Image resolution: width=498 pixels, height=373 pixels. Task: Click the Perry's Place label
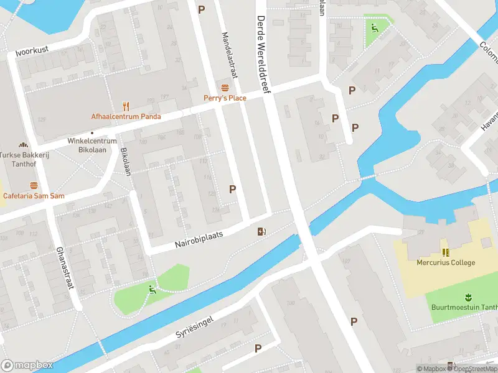(225, 98)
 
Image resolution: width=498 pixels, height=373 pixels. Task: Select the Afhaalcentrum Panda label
(126, 116)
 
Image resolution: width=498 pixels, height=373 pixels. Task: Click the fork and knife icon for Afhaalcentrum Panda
(126, 106)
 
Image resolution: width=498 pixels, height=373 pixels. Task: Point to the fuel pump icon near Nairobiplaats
(262, 232)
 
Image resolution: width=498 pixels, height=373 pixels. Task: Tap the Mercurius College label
(446, 262)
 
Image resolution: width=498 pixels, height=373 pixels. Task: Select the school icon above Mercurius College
(446, 252)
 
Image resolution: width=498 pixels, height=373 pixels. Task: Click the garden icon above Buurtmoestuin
(467, 297)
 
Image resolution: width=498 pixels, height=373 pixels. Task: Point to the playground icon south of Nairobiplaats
(152, 289)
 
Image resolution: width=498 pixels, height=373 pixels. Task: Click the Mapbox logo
(26, 364)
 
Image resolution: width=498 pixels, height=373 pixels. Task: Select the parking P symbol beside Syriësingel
(258, 349)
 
